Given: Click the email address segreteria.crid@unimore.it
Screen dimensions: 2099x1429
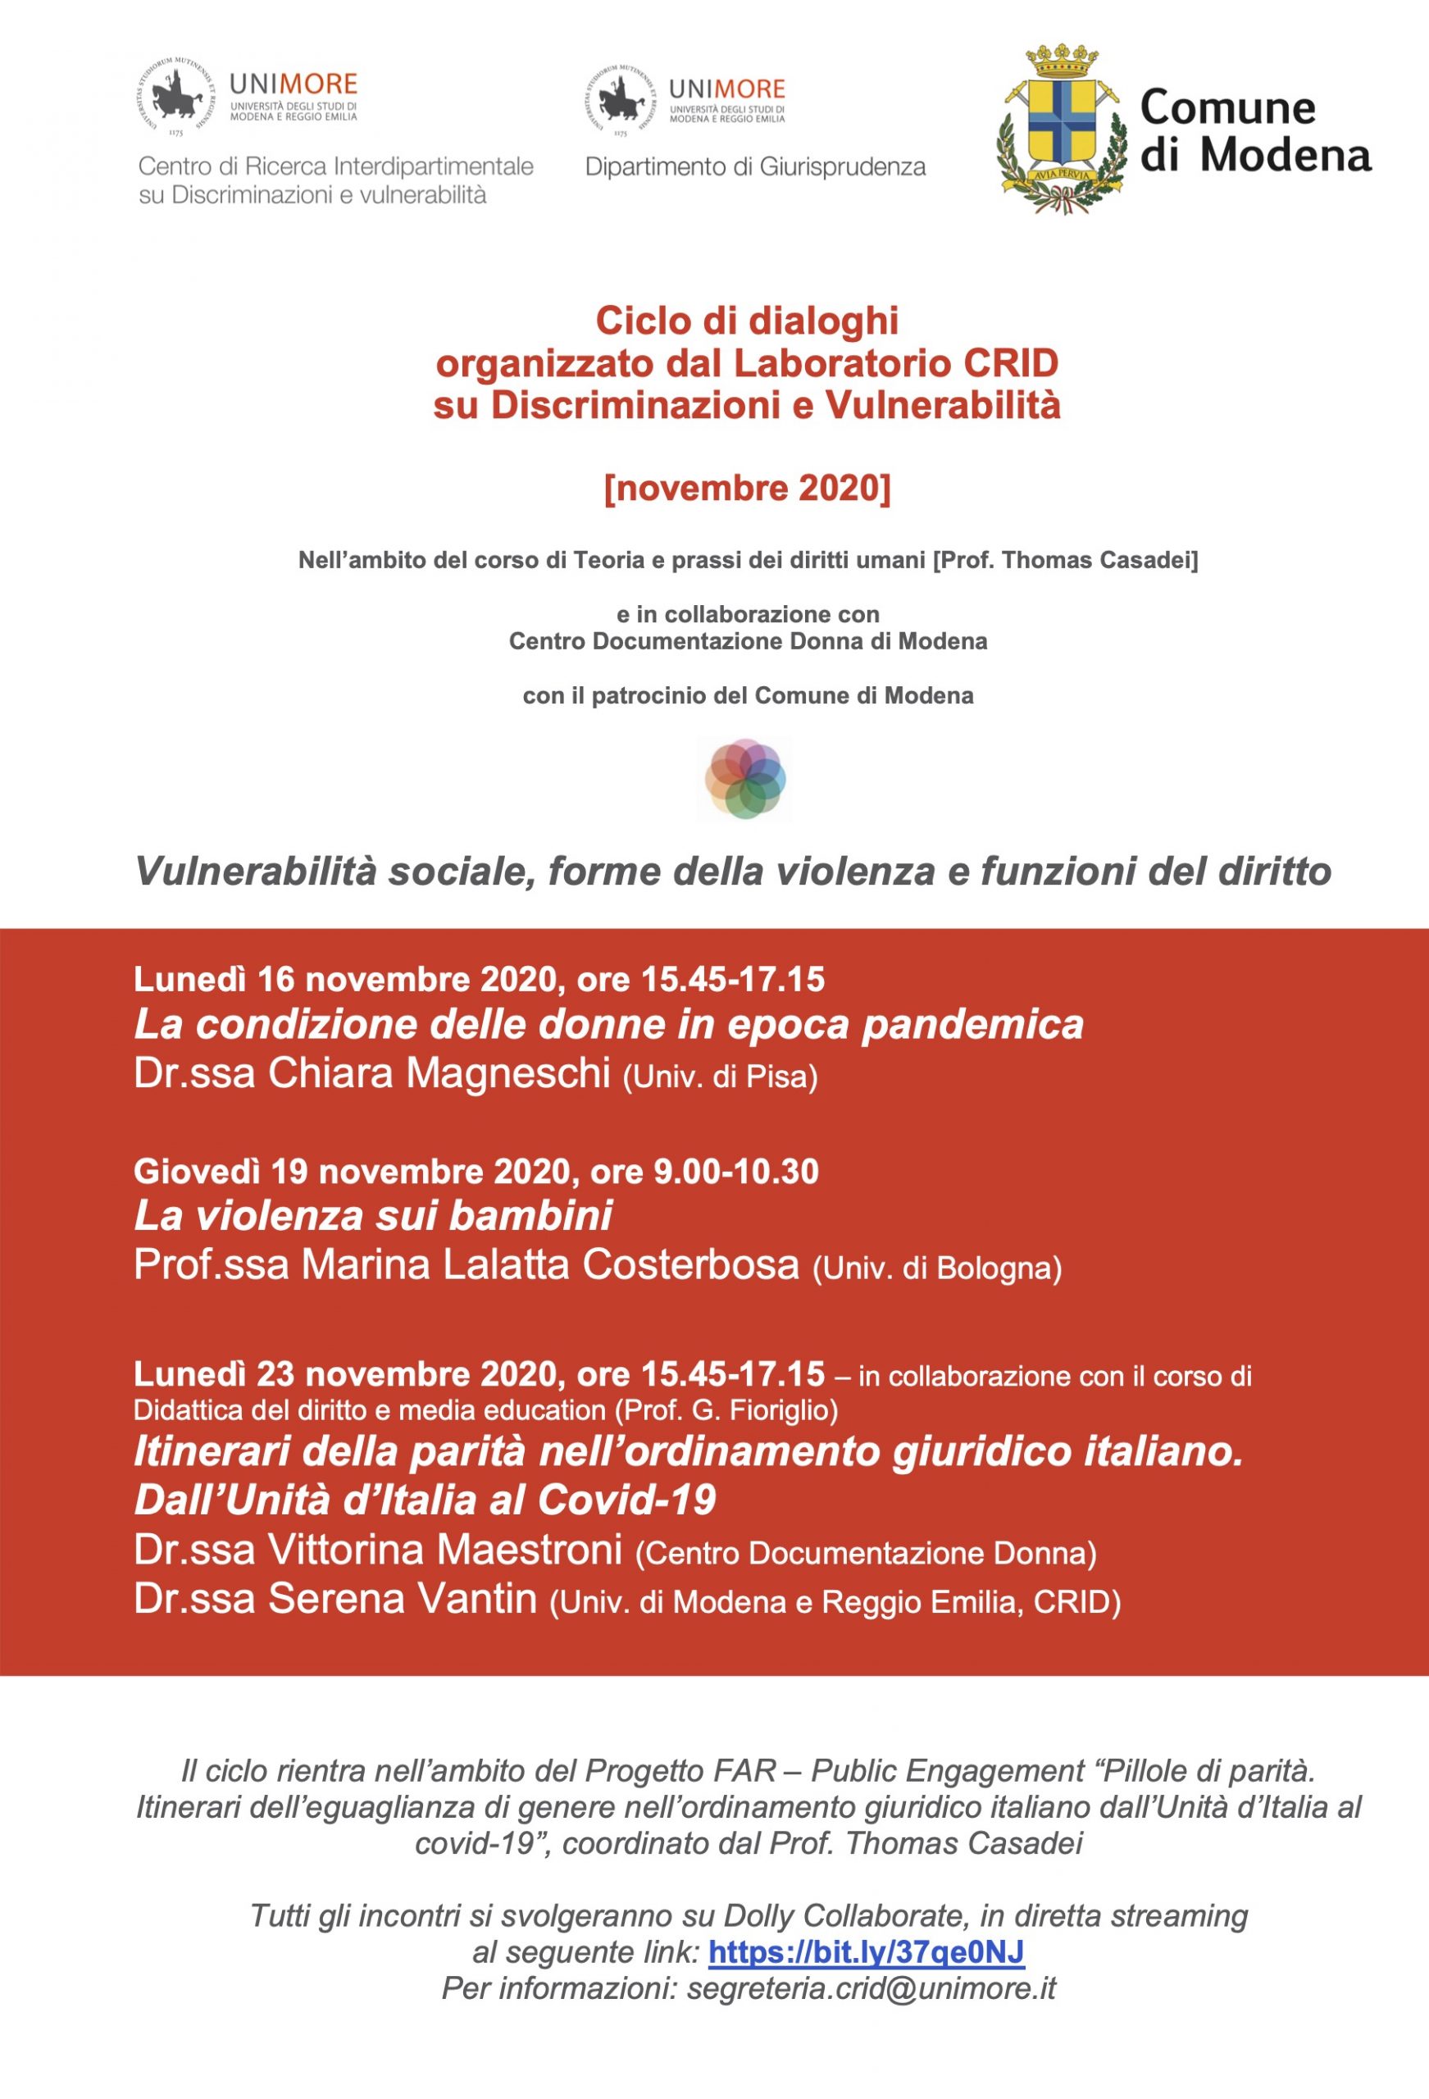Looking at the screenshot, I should pos(871,1988).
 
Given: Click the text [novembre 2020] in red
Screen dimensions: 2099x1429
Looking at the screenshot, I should pos(747,488).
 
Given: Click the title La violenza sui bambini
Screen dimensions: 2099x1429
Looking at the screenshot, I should pos(373,1215).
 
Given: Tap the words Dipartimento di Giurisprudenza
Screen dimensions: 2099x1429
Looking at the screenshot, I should pos(755,167).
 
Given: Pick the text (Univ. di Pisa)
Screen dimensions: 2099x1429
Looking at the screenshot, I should pos(720,1077).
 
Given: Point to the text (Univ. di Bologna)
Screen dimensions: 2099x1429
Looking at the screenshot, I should pos(937,1268).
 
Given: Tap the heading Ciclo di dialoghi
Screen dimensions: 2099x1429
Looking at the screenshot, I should pos(747,320).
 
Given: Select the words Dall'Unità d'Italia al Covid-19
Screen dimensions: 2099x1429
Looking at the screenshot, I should pos(425,1500).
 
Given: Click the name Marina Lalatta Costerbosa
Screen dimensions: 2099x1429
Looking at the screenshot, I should pos(550,1264).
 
